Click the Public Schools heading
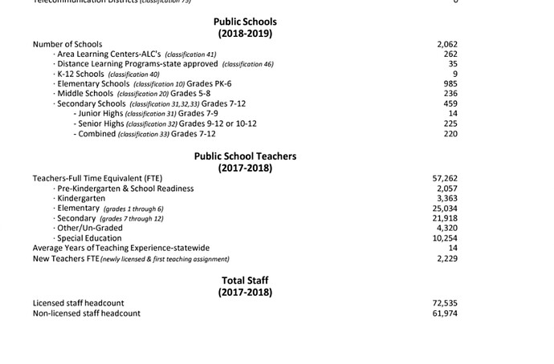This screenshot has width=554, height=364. coord(245,22)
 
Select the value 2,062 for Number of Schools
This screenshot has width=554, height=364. coord(446,44)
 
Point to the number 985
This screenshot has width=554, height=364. coord(450,83)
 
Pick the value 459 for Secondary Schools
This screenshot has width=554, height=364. coord(450,103)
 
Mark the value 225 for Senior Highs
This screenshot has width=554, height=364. coord(450,123)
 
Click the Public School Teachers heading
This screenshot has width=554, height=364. coord(245,156)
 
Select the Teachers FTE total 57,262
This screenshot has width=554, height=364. coord(445,178)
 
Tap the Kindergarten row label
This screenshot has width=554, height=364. coord(81,198)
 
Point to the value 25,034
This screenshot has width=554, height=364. coord(445,208)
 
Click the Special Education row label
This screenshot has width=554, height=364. coord(89,238)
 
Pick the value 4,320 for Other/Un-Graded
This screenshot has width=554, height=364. coord(446,228)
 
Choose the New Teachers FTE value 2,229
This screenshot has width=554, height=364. coord(446,258)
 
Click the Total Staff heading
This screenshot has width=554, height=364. coord(245,281)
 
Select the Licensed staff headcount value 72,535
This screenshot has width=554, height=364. coord(445,303)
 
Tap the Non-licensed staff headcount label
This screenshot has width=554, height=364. coord(87,313)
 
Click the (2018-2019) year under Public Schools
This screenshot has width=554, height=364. coord(245,34)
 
